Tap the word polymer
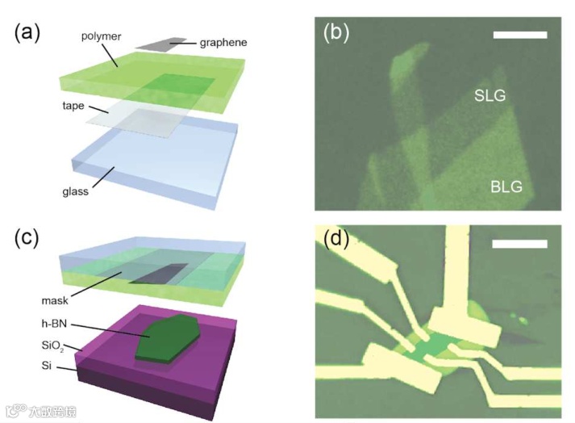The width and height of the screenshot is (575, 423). point(102,37)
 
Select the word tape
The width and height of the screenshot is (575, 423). point(73,107)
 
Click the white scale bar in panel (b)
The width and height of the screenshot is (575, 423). point(520,36)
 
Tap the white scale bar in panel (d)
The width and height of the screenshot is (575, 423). point(520,243)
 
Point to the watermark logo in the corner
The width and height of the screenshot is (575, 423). point(40,412)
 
